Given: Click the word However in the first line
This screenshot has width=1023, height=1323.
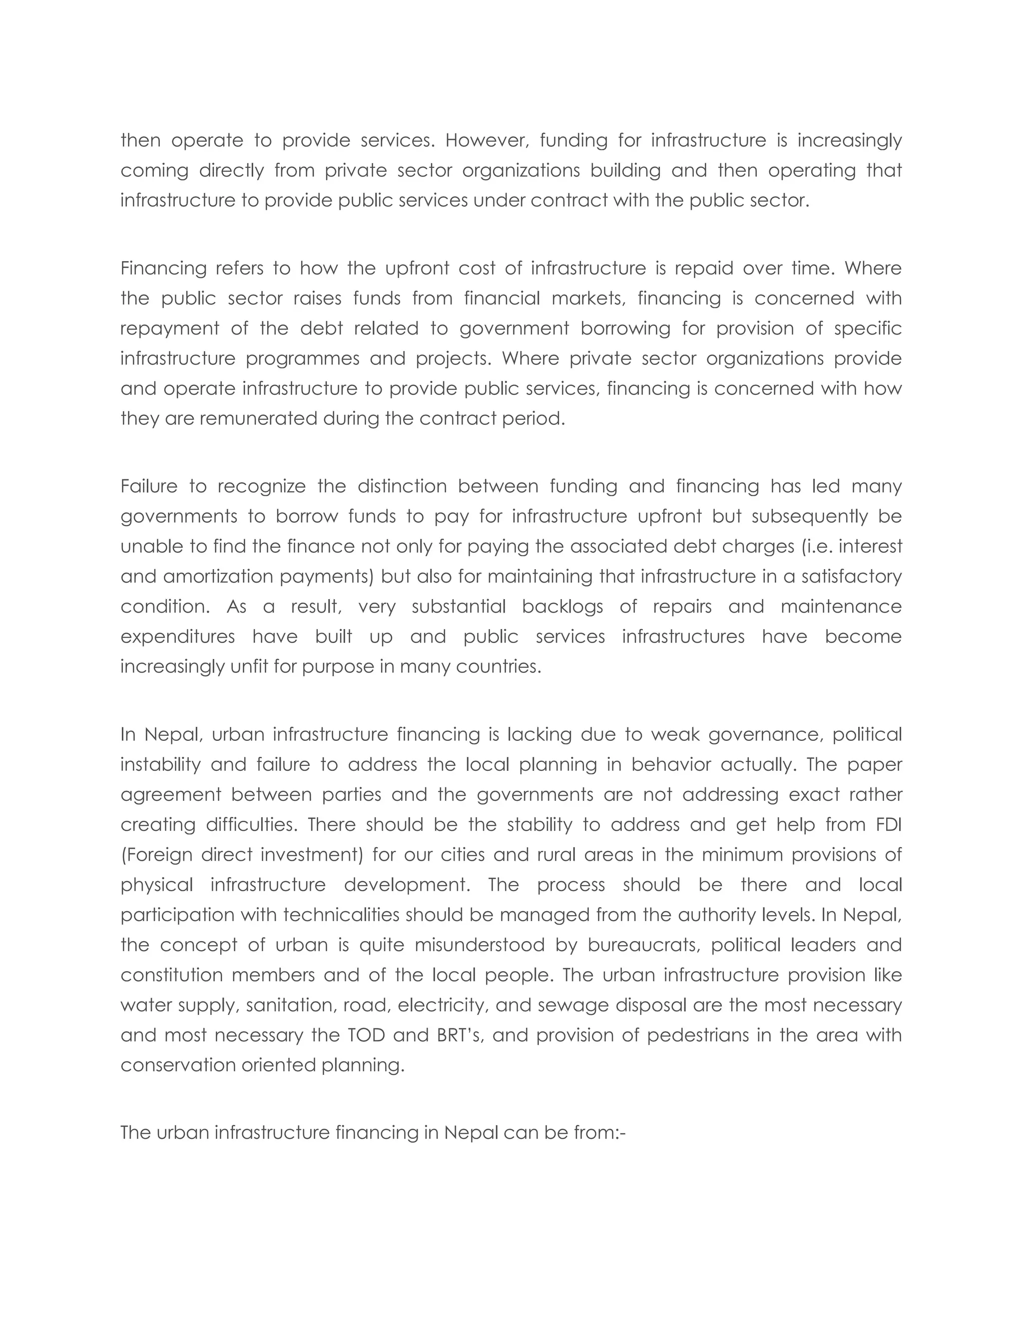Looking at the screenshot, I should click(x=487, y=141).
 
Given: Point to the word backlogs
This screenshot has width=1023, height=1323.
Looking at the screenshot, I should click(x=562, y=607).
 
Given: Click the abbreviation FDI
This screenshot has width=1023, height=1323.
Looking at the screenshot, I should click(x=889, y=824).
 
